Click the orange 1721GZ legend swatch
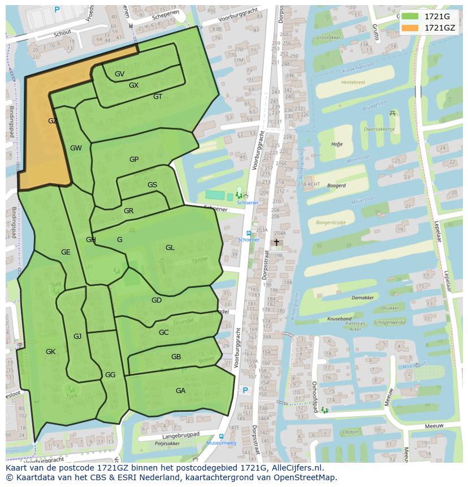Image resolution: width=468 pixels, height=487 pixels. click(x=410, y=28)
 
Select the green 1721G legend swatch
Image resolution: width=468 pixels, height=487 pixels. click(x=410, y=16)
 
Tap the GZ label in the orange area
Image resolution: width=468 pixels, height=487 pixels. click(x=53, y=121)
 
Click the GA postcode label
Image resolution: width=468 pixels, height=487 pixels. click(x=180, y=391)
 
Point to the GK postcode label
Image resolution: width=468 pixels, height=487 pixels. click(x=50, y=352)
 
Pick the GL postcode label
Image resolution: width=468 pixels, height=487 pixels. click(x=170, y=248)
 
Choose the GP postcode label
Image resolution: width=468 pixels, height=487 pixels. click(x=134, y=160)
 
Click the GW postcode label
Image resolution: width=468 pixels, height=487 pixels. click(x=76, y=148)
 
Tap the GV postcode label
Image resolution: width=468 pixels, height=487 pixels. click(x=119, y=74)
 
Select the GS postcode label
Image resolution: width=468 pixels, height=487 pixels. click(x=152, y=185)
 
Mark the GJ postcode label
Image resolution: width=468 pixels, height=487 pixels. click(x=77, y=337)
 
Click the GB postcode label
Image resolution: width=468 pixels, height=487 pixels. click(x=176, y=357)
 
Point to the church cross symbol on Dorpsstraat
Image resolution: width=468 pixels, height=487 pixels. click(x=276, y=242)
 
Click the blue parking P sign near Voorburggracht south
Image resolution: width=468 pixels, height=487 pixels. click(x=245, y=390)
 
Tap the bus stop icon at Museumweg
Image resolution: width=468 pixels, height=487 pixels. click(x=220, y=436)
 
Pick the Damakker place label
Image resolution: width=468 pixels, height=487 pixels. click(x=362, y=297)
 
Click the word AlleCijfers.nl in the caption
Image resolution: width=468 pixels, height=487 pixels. click(x=294, y=468)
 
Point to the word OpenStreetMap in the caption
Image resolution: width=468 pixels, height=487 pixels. click(x=306, y=477)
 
